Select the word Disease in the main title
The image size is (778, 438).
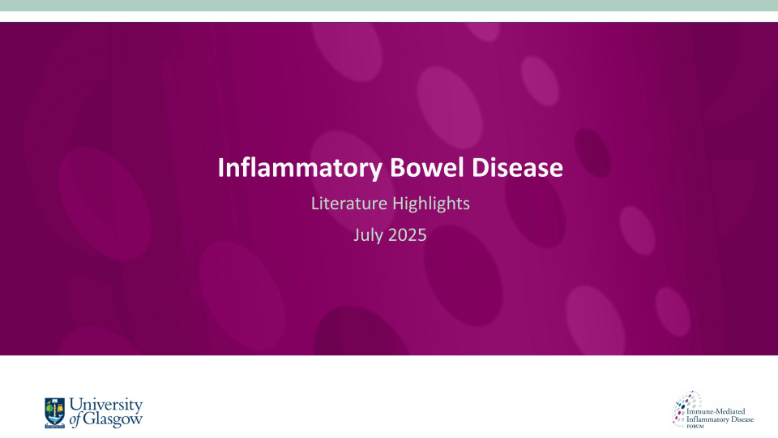(x=518, y=168)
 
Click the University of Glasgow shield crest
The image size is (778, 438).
(x=55, y=412)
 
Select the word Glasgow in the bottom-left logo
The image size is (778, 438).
(x=115, y=419)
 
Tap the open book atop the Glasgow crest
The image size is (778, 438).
(x=55, y=401)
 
